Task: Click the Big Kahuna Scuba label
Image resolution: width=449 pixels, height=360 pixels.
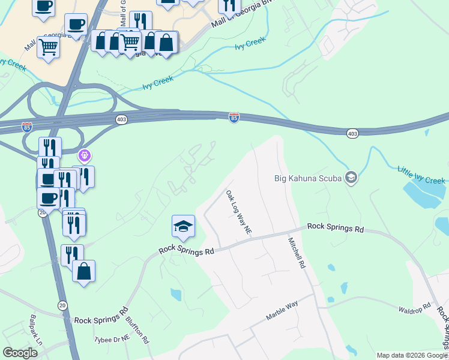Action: pyautogui.click(x=307, y=178)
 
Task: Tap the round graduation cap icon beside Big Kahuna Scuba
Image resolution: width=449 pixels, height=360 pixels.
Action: pyautogui.click(x=351, y=177)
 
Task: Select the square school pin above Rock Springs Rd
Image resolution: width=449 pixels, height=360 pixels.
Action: pyautogui.click(x=183, y=226)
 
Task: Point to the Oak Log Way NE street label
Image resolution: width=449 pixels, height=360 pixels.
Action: pyautogui.click(x=238, y=212)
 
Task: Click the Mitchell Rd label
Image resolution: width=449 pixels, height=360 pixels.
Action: pyautogui.click(x=297, y=251)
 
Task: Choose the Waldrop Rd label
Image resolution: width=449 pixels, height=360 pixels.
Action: pyautogui.click(x=414, y=309)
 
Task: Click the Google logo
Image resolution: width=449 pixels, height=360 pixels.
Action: pyautogui.click(x=20, y=352)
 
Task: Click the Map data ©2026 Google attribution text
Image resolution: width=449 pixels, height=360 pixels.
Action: pyautogui.click(x=412, y=355)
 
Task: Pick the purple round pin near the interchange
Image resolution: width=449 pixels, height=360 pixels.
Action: pyautogui.click(x=85, y=157)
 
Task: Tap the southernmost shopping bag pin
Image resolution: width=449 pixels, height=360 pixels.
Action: pyautogui.click(x=84, y=271)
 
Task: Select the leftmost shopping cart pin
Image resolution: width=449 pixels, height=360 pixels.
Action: pyautogui.click(x=48, y=47)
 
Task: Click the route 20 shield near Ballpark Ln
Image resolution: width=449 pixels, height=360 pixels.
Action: pyautogui.click(x=62, y=305)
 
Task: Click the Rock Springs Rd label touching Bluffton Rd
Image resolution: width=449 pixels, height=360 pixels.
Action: pyautogui.click(x=101, y=316)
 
